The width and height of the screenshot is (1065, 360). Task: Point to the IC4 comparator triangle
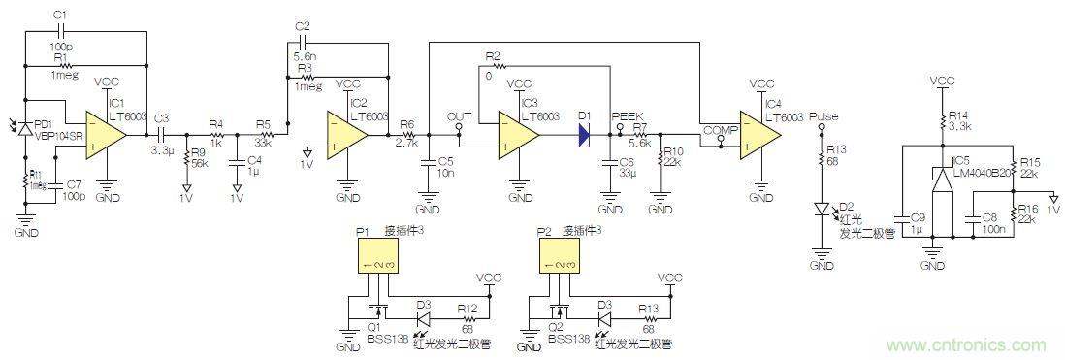[x=760, y=138]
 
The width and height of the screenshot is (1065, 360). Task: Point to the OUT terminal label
[x=459, y=116]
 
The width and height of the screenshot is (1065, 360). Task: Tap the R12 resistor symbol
[x=468, y=316]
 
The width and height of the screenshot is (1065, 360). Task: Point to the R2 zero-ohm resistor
[x=495, y=67]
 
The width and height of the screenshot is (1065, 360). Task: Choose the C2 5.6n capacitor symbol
[x=303, y=45]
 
